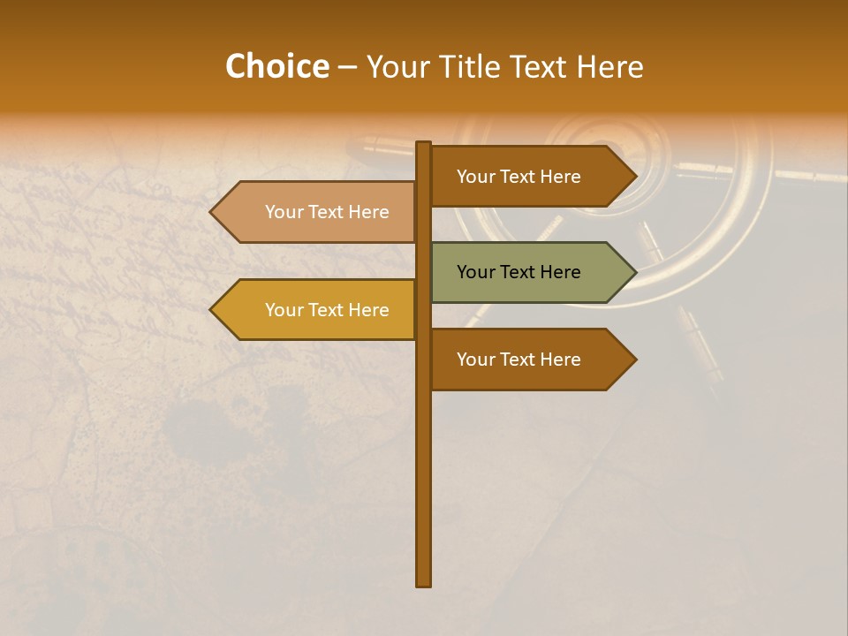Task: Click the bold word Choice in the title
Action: click(276, 66)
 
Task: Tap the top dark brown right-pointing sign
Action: click(530, 177)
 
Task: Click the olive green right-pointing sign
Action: click(530, 272)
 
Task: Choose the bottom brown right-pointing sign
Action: click(530, 360)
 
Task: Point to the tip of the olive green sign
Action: click(634, 272)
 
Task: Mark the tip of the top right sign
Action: click(634, 177)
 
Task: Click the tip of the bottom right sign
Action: click(634, 360)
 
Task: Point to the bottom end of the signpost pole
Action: click(424, 583)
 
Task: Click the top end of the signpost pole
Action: click(424, 144)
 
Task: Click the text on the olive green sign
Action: click(519, 272)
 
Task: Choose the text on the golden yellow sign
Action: click(327, 310)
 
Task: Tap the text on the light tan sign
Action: click(327, 212)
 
